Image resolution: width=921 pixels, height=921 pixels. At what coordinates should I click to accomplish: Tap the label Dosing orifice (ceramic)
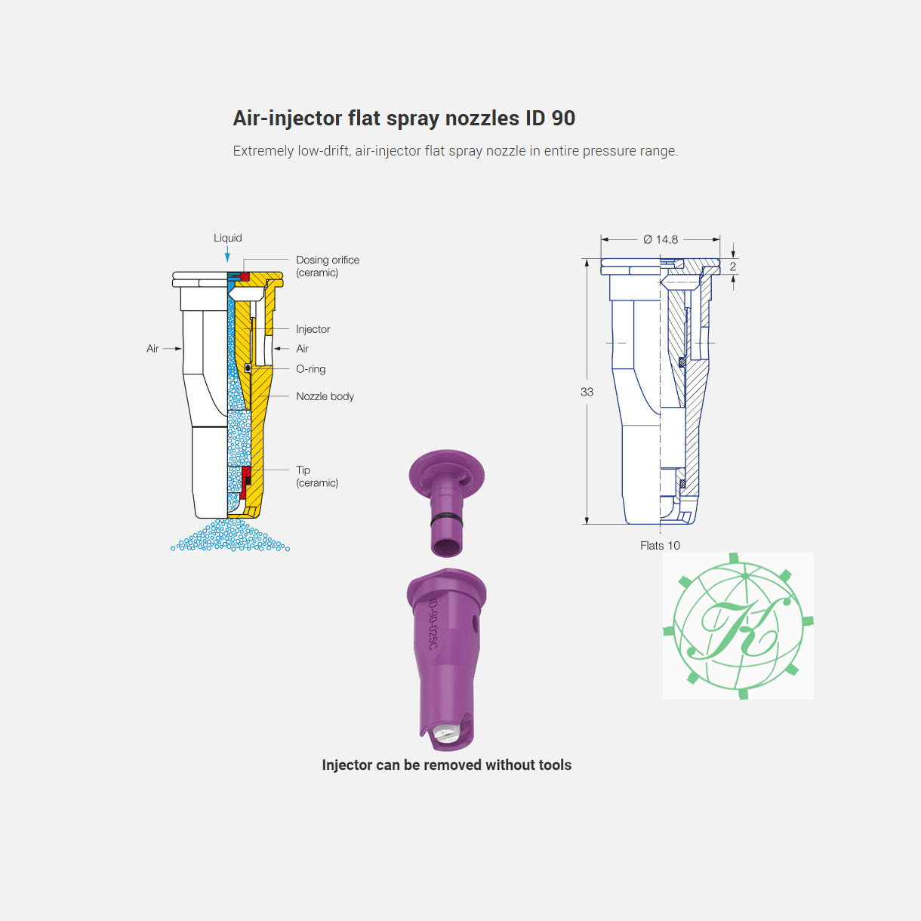point(328,266)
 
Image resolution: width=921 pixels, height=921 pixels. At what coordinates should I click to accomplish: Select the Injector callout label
point(313,329)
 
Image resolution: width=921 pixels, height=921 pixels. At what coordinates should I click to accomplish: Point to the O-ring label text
point(311,369)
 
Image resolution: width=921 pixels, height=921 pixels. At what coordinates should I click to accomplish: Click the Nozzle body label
point(325,396)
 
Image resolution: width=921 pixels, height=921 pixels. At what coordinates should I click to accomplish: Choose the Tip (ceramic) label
point(317,476)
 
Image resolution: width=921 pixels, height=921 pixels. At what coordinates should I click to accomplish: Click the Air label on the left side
point(152,349)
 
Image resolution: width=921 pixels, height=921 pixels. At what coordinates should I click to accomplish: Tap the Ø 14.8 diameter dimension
point(661,239)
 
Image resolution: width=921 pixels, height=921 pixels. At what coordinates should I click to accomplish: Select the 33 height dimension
point(587,392)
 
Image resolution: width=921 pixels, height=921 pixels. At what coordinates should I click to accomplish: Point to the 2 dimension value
point(733,266)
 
